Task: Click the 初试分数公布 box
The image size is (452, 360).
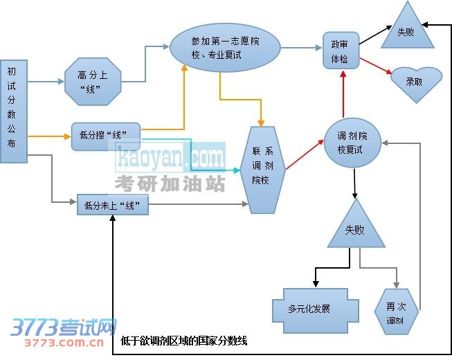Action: click(x=13, y=111)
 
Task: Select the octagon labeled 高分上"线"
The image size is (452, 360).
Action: click(x=93, y=82)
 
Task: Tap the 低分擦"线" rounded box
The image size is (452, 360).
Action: click(x=106, y=136)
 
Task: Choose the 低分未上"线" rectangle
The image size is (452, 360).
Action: click(x=112, y=205)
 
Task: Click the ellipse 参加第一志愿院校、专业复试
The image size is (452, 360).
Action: click(x=225, y=48)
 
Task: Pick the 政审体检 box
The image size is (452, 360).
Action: click(x=341, y=51)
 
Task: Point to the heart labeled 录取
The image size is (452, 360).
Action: click(x=415, y=82)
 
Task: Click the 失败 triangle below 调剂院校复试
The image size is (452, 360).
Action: click(x=355, y=228)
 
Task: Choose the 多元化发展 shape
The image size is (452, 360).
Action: click(x=314, y=308)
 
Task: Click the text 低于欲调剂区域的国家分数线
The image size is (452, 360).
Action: click(x=183, y=341)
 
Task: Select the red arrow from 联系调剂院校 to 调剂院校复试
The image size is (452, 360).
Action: click(x=304, y=154)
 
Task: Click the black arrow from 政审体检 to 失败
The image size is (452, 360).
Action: click(x=377, y=36)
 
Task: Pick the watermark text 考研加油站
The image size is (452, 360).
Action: click(x=170, y=183)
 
